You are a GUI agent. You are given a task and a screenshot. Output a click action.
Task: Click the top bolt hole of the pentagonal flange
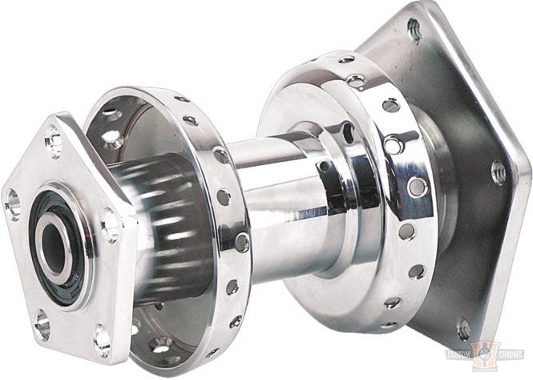55,141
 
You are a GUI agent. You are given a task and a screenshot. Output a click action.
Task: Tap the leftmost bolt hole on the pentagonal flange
14,204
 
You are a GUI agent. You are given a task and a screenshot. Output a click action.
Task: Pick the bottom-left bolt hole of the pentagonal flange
42,324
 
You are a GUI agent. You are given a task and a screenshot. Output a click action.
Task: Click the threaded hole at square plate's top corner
414,30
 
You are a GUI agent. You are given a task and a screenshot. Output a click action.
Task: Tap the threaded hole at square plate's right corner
498,171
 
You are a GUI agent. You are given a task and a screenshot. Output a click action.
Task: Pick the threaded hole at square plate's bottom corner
463,328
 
